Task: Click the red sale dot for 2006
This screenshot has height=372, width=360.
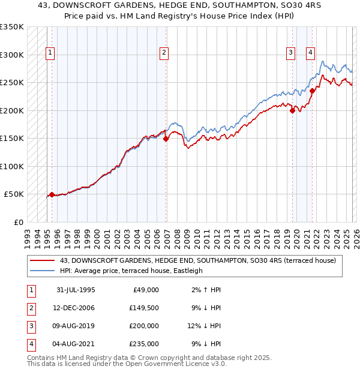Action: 166,139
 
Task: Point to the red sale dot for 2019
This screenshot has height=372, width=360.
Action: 292,110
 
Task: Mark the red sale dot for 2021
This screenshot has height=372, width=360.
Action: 312,91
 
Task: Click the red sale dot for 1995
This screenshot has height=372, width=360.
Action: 52,194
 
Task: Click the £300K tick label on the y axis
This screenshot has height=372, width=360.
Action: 12,55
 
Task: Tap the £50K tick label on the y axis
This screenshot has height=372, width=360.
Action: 14,194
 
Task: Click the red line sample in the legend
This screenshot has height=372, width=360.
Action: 42,260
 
